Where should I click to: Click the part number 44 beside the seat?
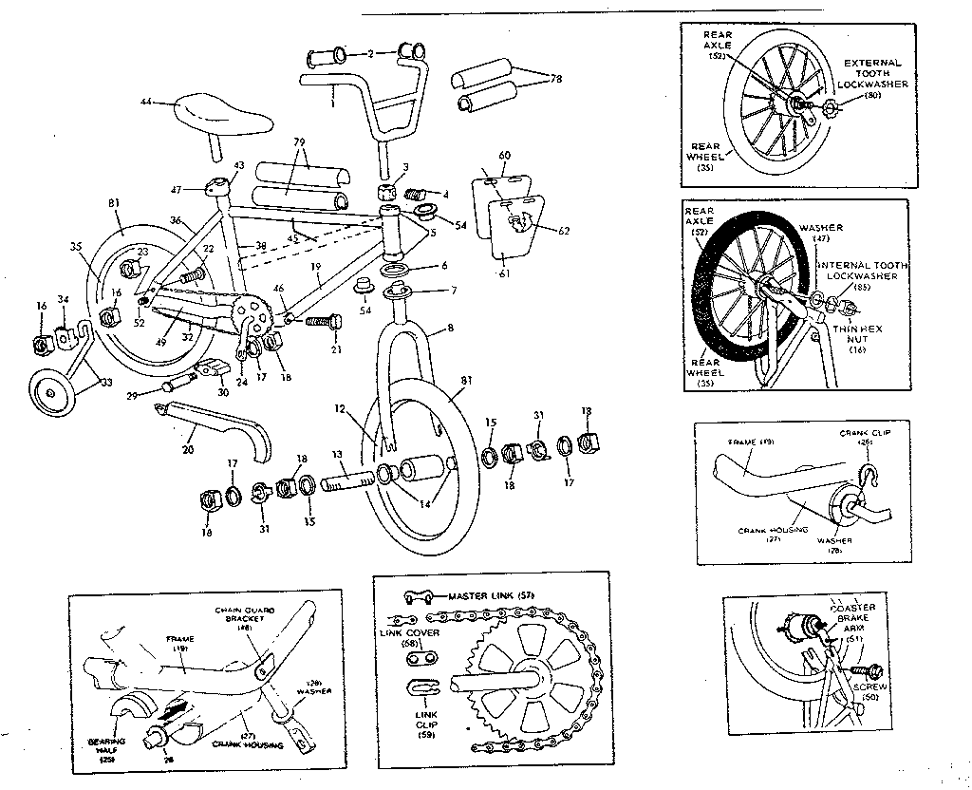pos(145,102)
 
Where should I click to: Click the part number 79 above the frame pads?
pos(299,142)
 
